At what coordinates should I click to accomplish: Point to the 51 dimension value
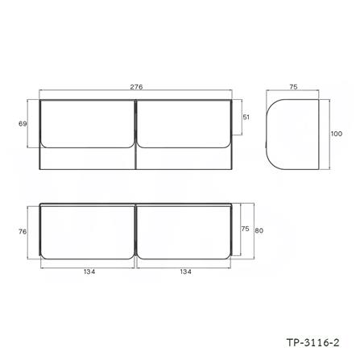click(246, 118)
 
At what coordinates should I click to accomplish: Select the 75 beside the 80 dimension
click(244, 228)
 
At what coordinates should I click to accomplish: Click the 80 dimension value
click(259, 231)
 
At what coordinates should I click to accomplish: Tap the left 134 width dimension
click(89, 271)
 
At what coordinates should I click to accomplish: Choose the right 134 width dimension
click(186, 271)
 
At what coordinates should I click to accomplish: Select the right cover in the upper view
click(184, 123)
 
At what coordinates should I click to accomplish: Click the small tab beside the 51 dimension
click(234, 121)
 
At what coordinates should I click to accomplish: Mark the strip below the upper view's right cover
click(184, 159)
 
